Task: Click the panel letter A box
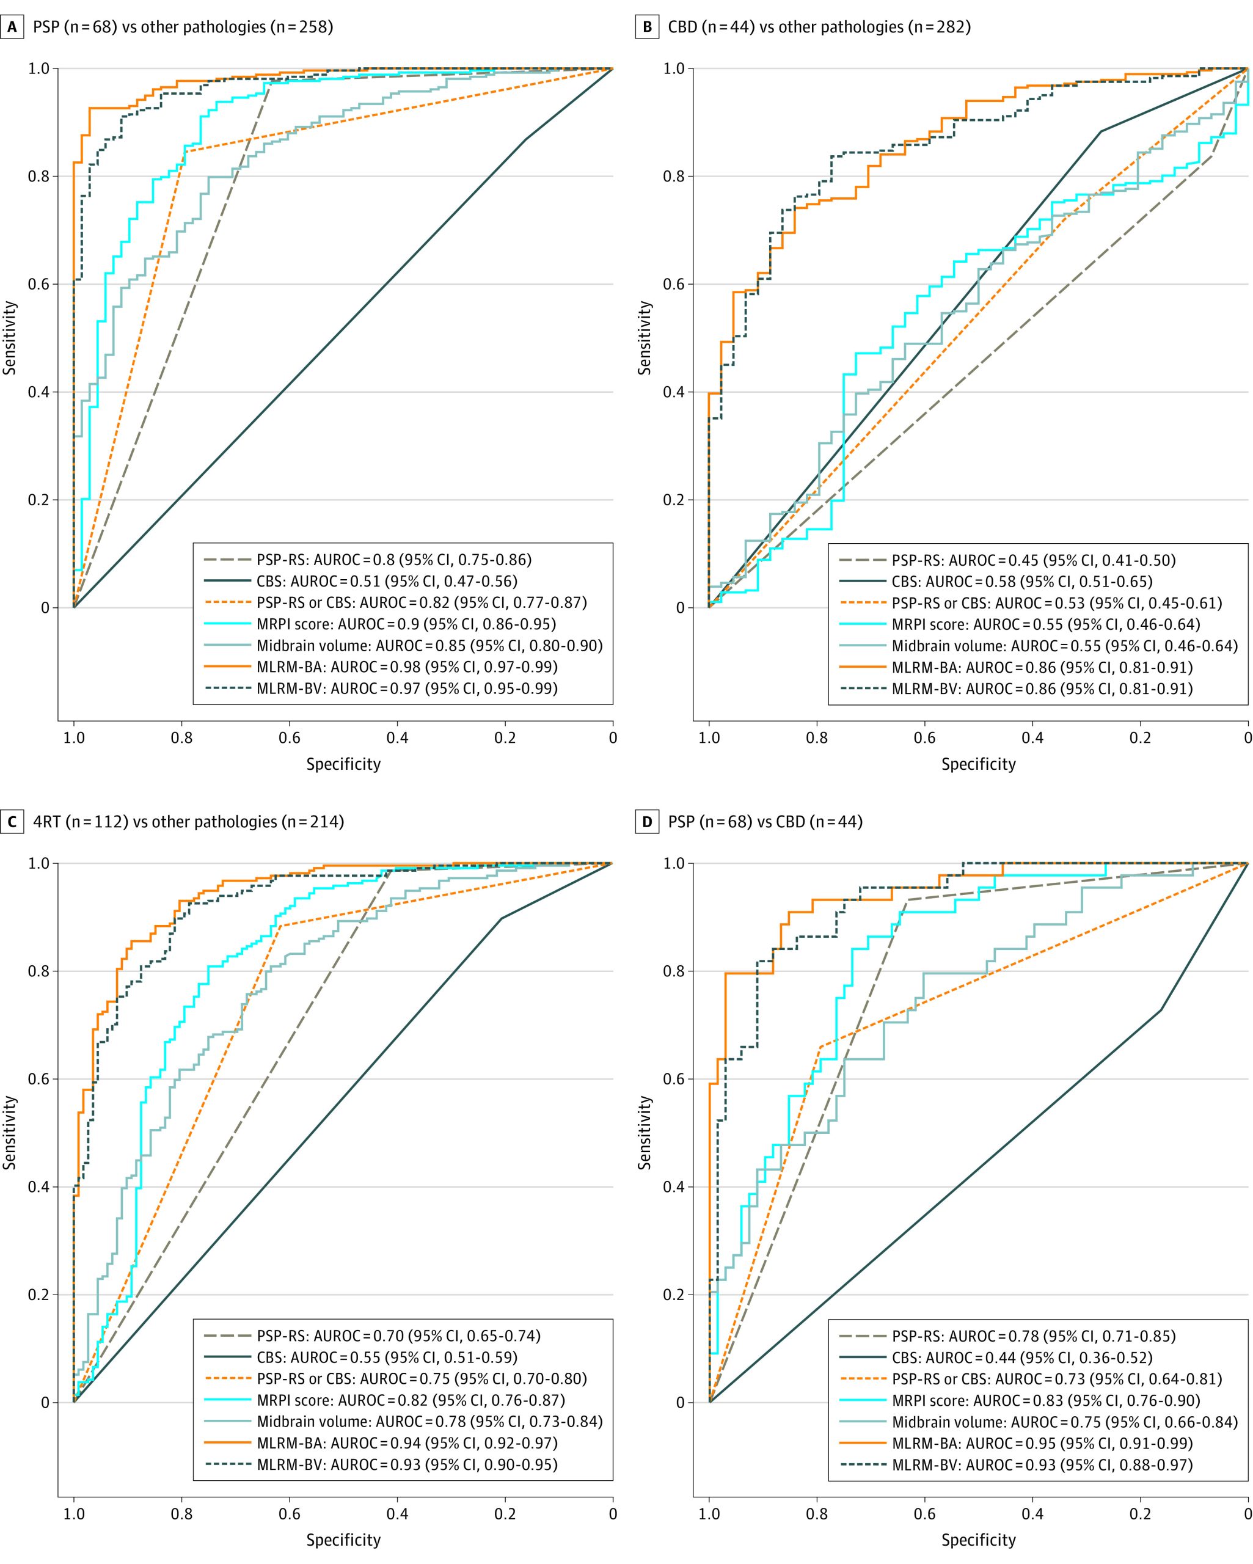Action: (12, 27)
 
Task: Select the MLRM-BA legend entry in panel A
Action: (407, 667)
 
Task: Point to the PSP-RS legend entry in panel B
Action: (1033, 560)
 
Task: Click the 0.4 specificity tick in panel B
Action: (1032, 738)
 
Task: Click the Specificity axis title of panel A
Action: (343, 764)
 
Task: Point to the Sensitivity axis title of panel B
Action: (645, 338)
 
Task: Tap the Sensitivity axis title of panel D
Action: (645, 1133)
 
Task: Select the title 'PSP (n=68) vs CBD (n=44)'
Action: (765, 822)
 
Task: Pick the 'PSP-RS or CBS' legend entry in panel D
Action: (1056, 1379)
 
